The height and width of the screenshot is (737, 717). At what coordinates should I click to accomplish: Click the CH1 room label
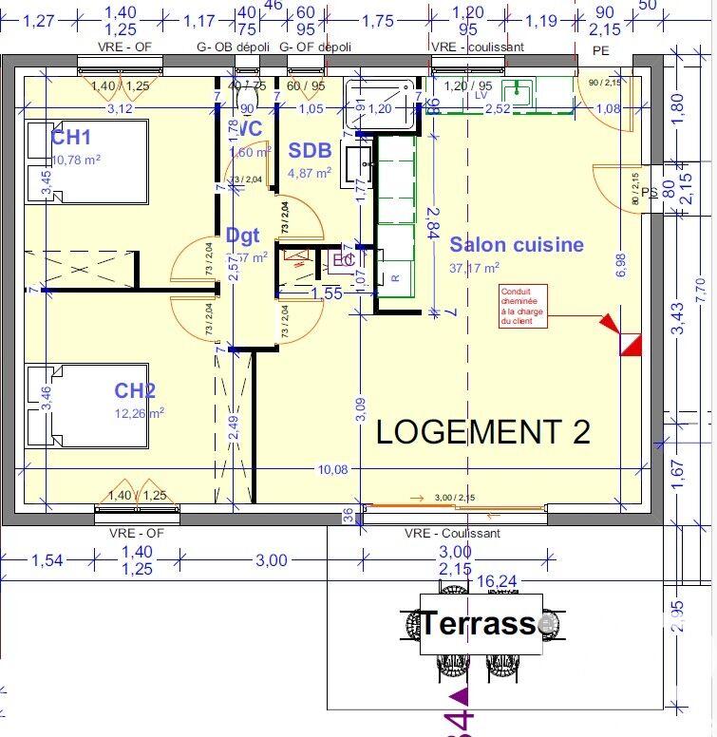point(70,139)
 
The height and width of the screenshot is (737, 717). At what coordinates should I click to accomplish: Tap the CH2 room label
point(135,390)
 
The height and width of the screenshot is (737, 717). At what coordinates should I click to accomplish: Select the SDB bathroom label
point(310,150)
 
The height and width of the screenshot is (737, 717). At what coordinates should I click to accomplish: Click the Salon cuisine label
point(517,245)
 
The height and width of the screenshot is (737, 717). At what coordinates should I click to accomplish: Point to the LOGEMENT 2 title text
point(483,431)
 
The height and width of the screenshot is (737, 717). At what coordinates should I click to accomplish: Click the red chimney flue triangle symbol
point(628,339)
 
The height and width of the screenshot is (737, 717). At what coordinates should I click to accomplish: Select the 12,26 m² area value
point(139,412)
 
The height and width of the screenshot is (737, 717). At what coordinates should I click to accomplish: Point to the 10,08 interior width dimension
point(331,469)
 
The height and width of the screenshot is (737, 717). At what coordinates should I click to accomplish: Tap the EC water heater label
point(343,259)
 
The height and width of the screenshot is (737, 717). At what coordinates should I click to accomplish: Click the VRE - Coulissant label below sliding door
point(452,534)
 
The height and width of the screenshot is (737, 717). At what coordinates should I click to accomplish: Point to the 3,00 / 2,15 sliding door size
point(456,498)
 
